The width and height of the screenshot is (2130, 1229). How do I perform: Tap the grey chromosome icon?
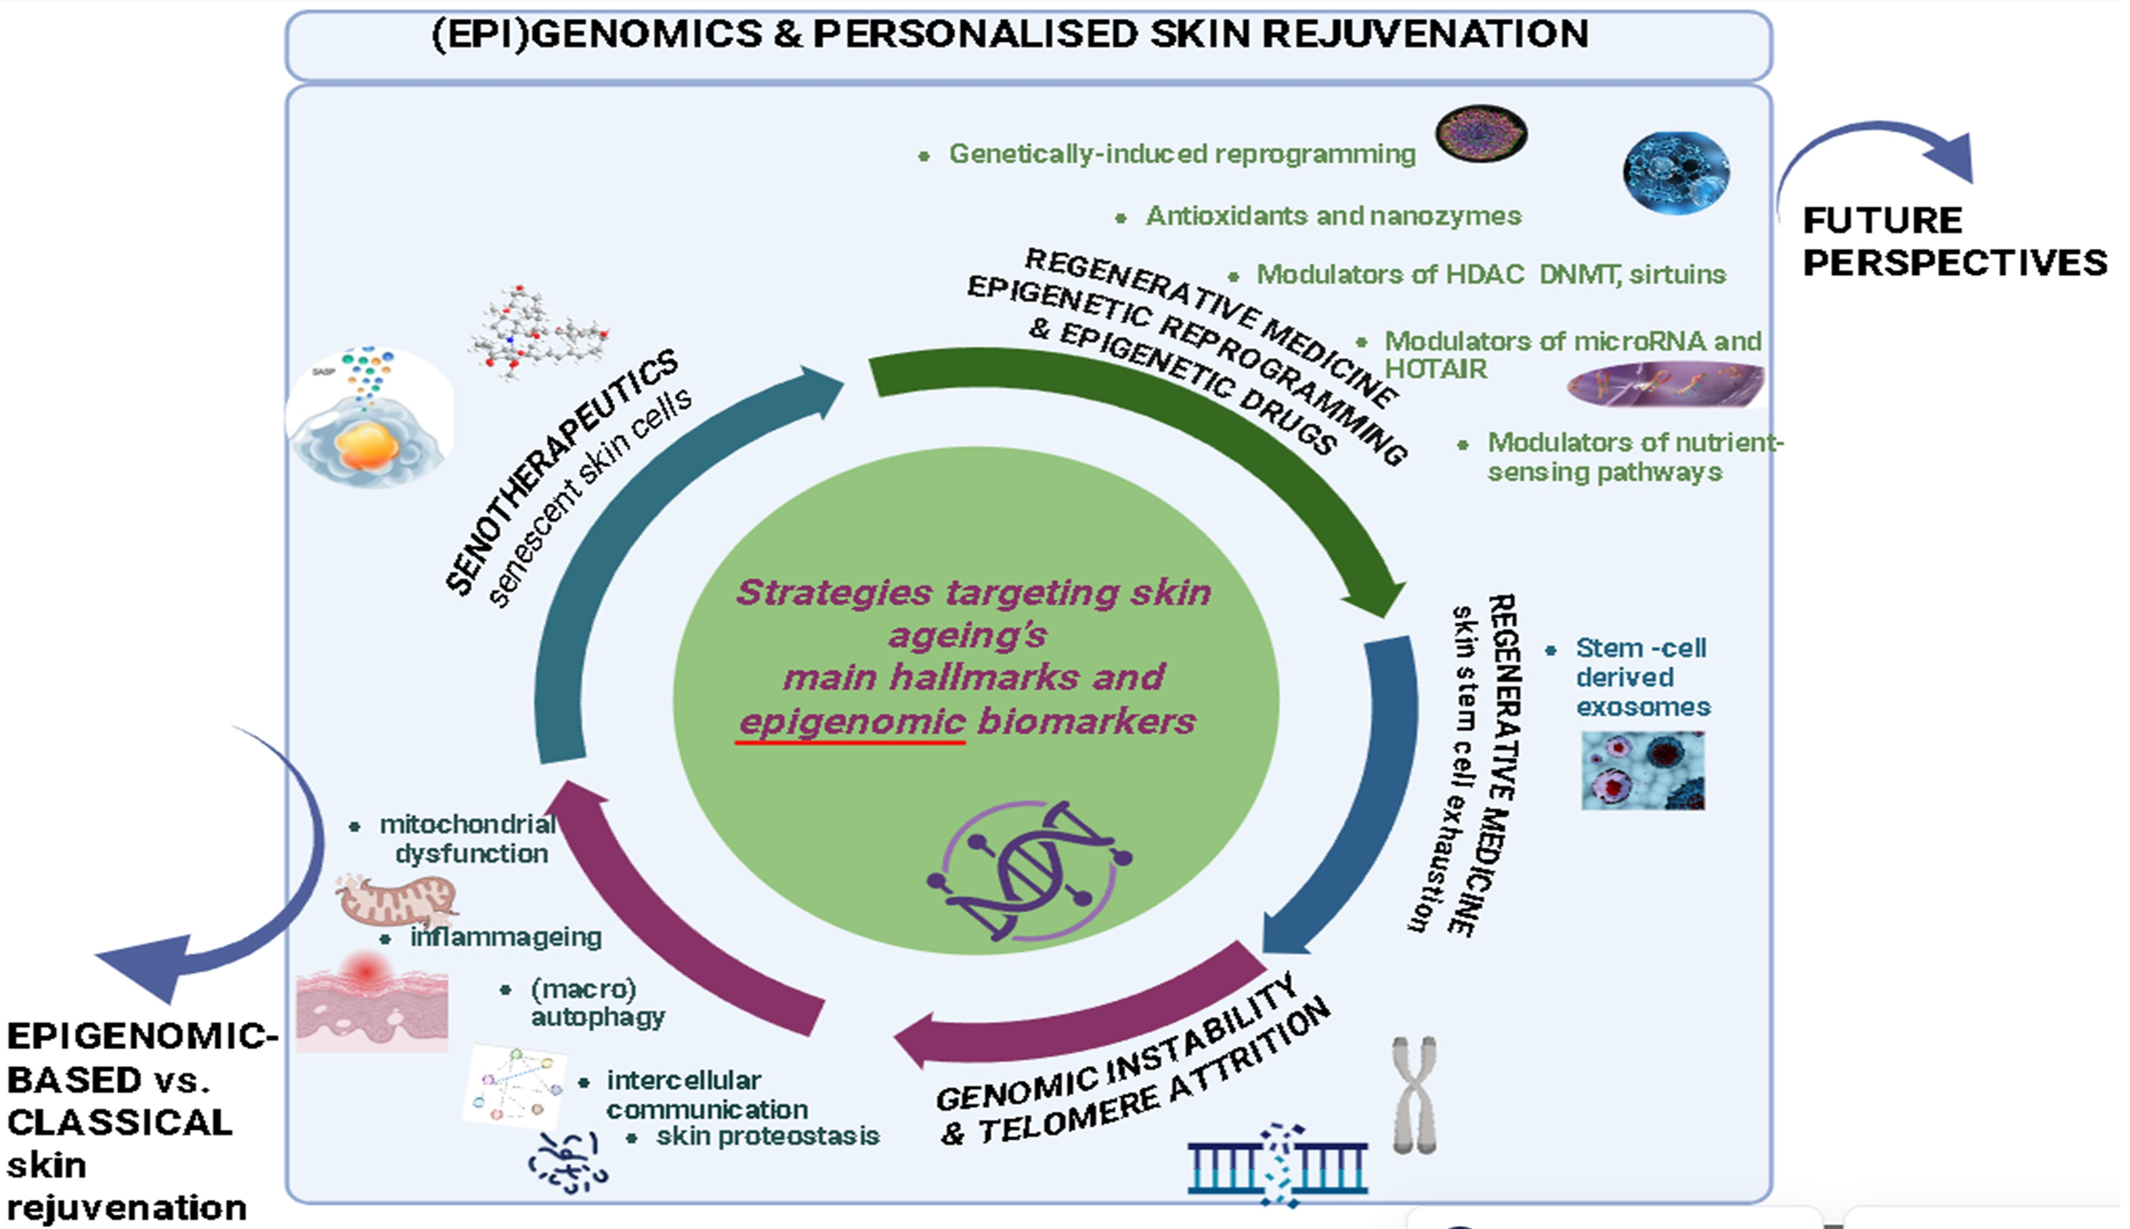point(1415,1095)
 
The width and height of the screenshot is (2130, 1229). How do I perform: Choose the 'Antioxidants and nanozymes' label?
point(1333,216)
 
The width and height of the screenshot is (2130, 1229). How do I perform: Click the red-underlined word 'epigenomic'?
point(851,722)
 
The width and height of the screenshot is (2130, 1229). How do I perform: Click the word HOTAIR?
point(1435,369)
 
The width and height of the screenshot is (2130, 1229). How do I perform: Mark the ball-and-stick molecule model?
point(537,332)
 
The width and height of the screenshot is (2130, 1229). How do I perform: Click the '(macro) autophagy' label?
point(596,1003)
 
